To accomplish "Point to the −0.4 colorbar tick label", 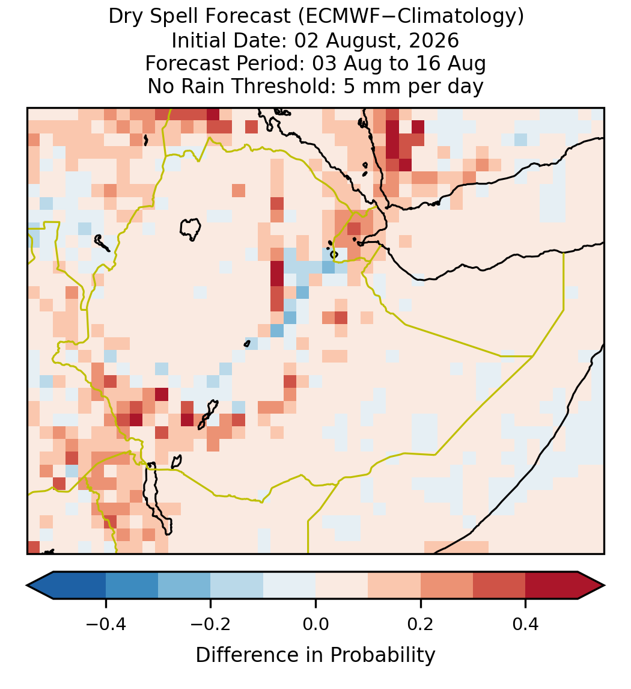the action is click(105, 623).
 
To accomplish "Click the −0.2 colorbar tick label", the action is click(210, 623).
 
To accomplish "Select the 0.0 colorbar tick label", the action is click(315, 623).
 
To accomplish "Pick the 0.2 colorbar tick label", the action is click(421, 623).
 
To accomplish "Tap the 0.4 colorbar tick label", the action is click(526, 623).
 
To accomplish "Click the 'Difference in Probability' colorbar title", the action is click(315, 655).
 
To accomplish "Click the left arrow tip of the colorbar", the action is click(27, 586).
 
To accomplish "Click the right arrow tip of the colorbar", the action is click(605, 586).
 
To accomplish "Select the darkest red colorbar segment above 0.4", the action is click(552, 586).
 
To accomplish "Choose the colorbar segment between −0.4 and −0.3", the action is click(132, 586).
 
